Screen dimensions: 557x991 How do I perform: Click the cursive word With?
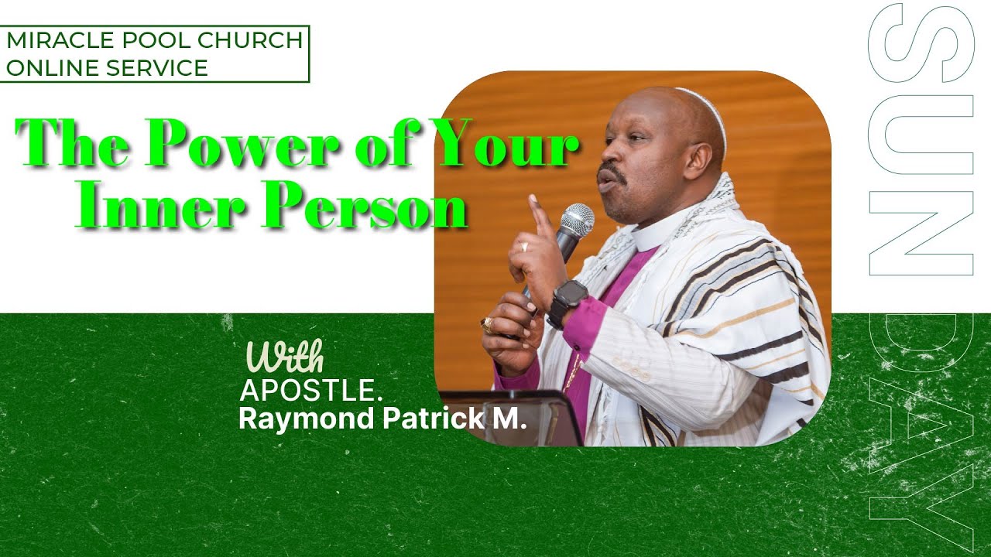tap(284, 357)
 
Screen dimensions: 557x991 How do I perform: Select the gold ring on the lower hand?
tap(486, 324)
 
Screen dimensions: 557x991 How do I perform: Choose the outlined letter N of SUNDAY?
tap(921, 233)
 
